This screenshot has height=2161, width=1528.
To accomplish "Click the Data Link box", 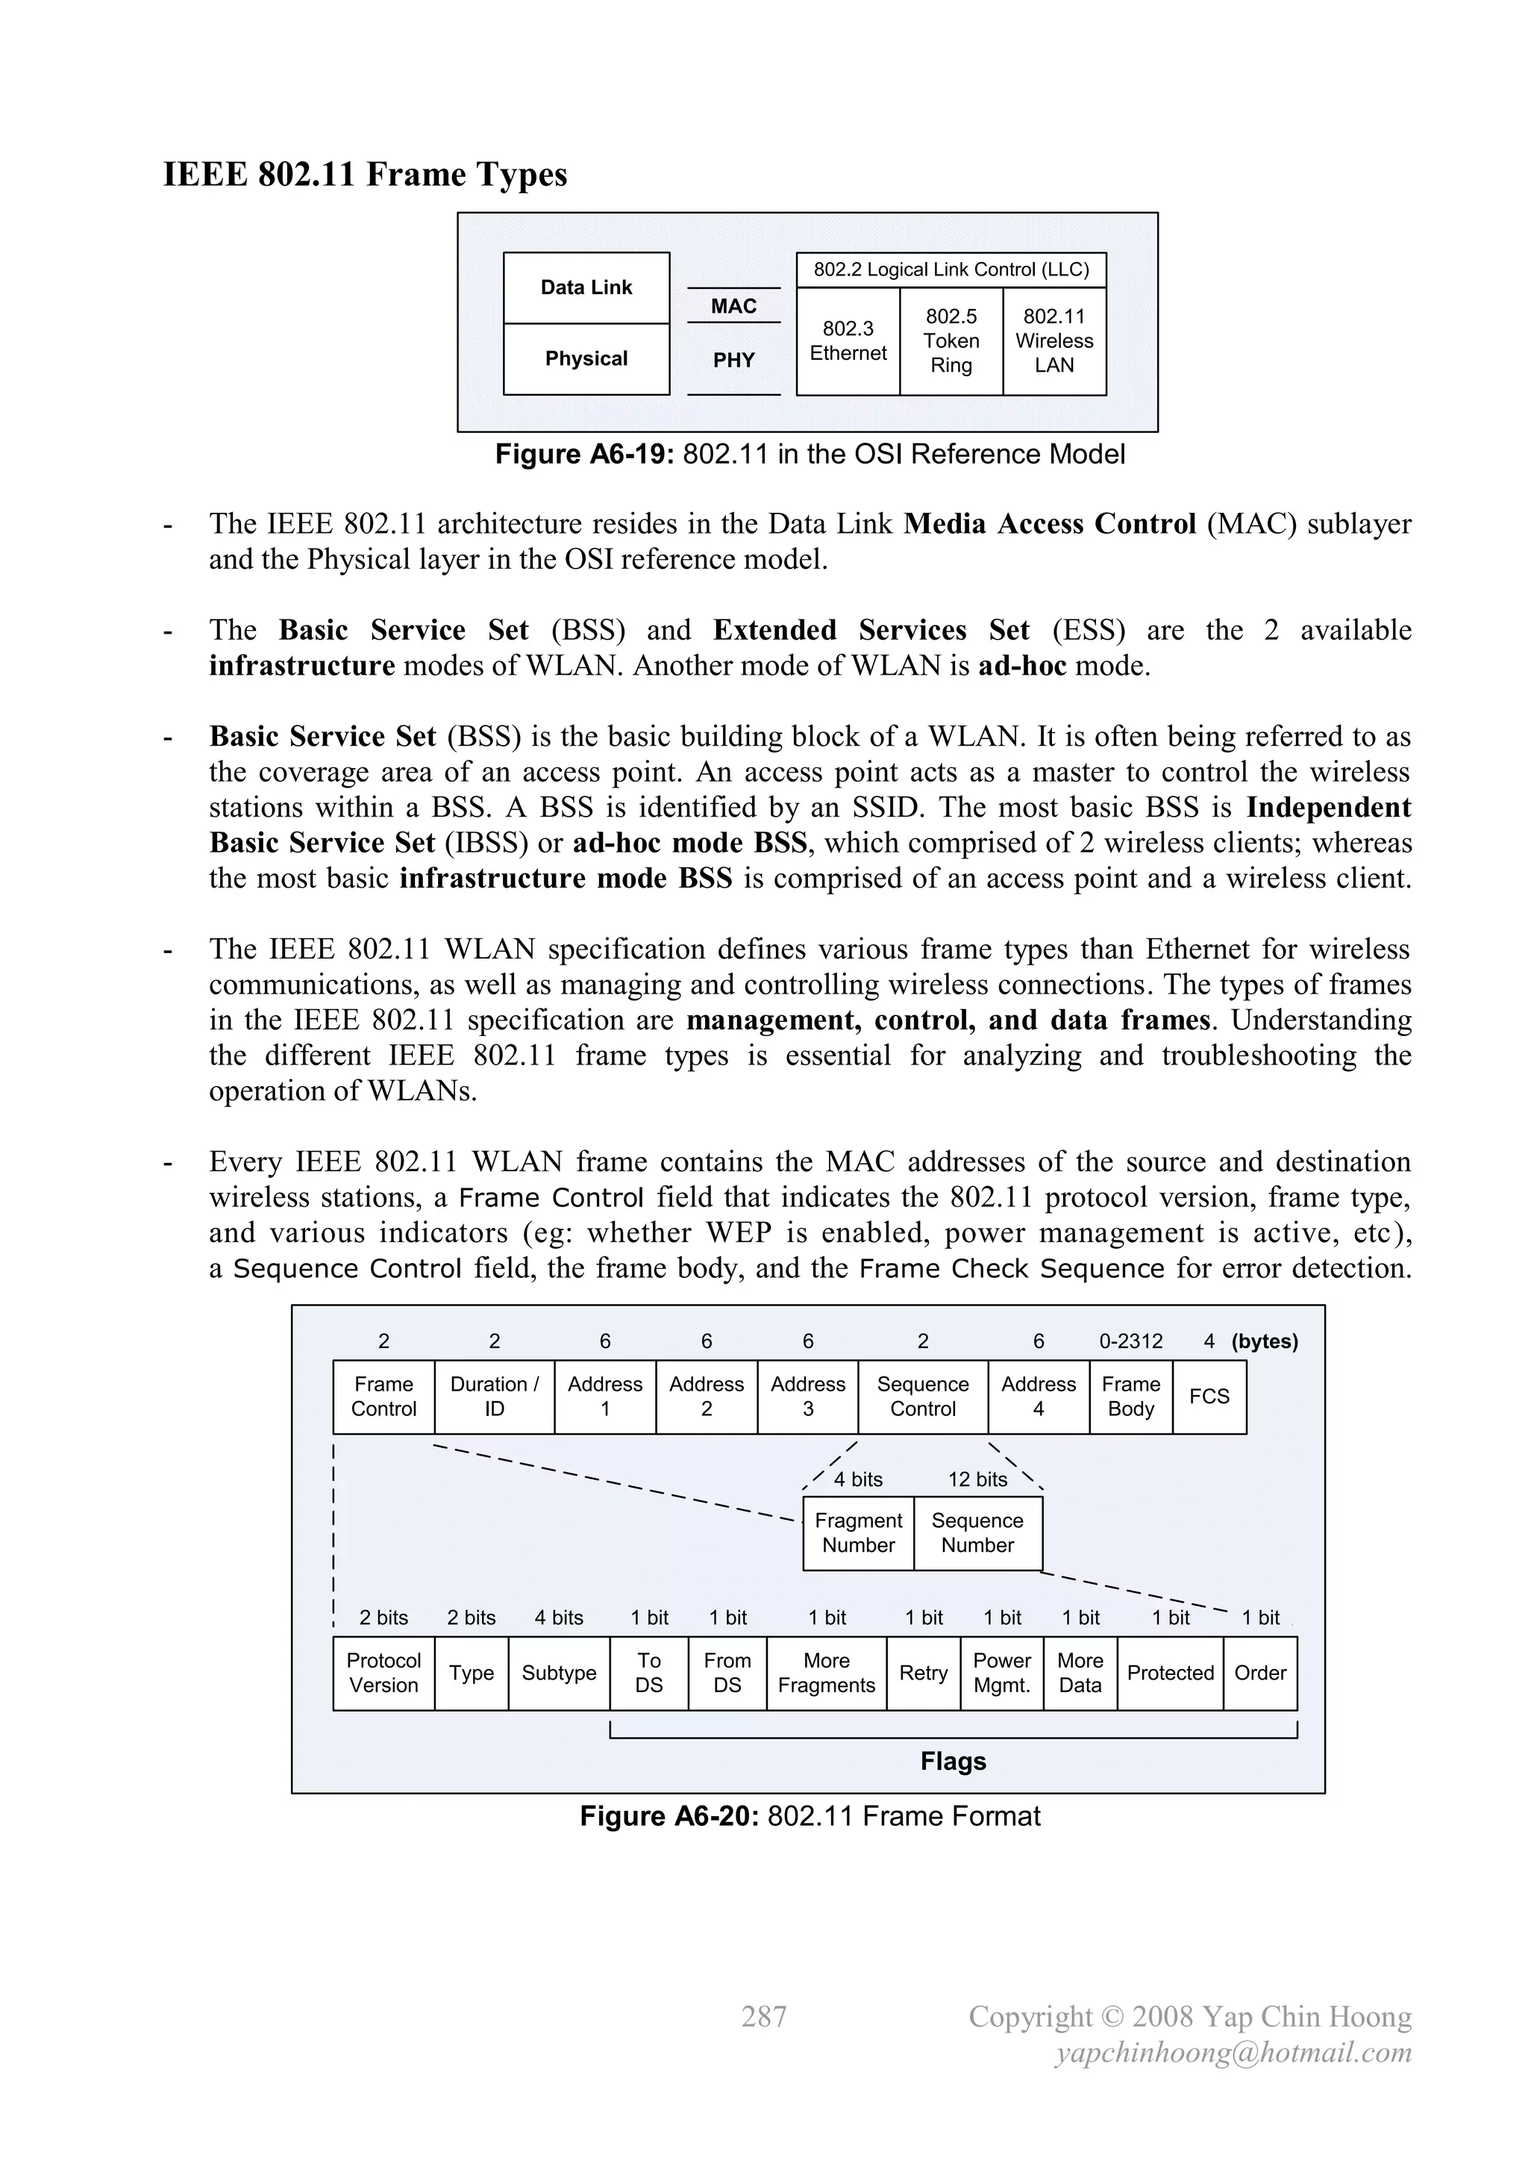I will click(586, 288).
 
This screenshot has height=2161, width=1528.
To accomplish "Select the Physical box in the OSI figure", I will click(586, 358).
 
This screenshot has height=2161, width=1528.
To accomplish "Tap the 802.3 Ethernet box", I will click(848, 340).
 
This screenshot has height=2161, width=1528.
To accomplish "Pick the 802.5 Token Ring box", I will click(951, 340).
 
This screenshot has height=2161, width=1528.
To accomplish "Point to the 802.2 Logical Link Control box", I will click(951, 270).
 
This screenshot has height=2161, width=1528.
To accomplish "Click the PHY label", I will click(734, 361).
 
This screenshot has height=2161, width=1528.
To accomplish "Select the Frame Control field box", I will click(384, 1397).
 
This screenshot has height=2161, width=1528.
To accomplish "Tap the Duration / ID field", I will click(494, 1397).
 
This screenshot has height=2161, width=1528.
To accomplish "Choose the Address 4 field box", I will click(1038, 1397).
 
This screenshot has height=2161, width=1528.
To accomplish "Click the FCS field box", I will click(1209, 1397).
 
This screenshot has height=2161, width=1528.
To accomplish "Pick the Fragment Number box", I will click(858, 1533).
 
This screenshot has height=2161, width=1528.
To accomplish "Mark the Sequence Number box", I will click(977, 1533).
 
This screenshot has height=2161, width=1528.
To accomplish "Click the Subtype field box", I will click(559, 1674).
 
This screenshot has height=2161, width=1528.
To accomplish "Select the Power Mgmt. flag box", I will click(1002, 1674).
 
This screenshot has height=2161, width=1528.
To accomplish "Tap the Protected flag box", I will click(1171, 1674).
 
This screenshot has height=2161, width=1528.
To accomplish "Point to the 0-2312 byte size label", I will click(1131, 1341).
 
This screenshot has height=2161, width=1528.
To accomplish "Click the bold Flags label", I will click(953, 1762).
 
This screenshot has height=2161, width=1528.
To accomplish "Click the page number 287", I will click(764, 2016).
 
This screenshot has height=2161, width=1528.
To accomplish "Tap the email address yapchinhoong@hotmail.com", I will click(1233, 2053).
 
